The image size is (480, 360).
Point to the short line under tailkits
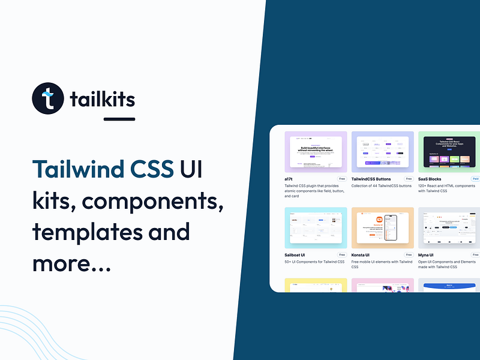pos(119,119)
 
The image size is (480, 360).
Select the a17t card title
pos(291,179)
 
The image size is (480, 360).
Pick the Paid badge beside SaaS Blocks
pos(475,179)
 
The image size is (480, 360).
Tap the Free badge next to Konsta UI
pos(409,255)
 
